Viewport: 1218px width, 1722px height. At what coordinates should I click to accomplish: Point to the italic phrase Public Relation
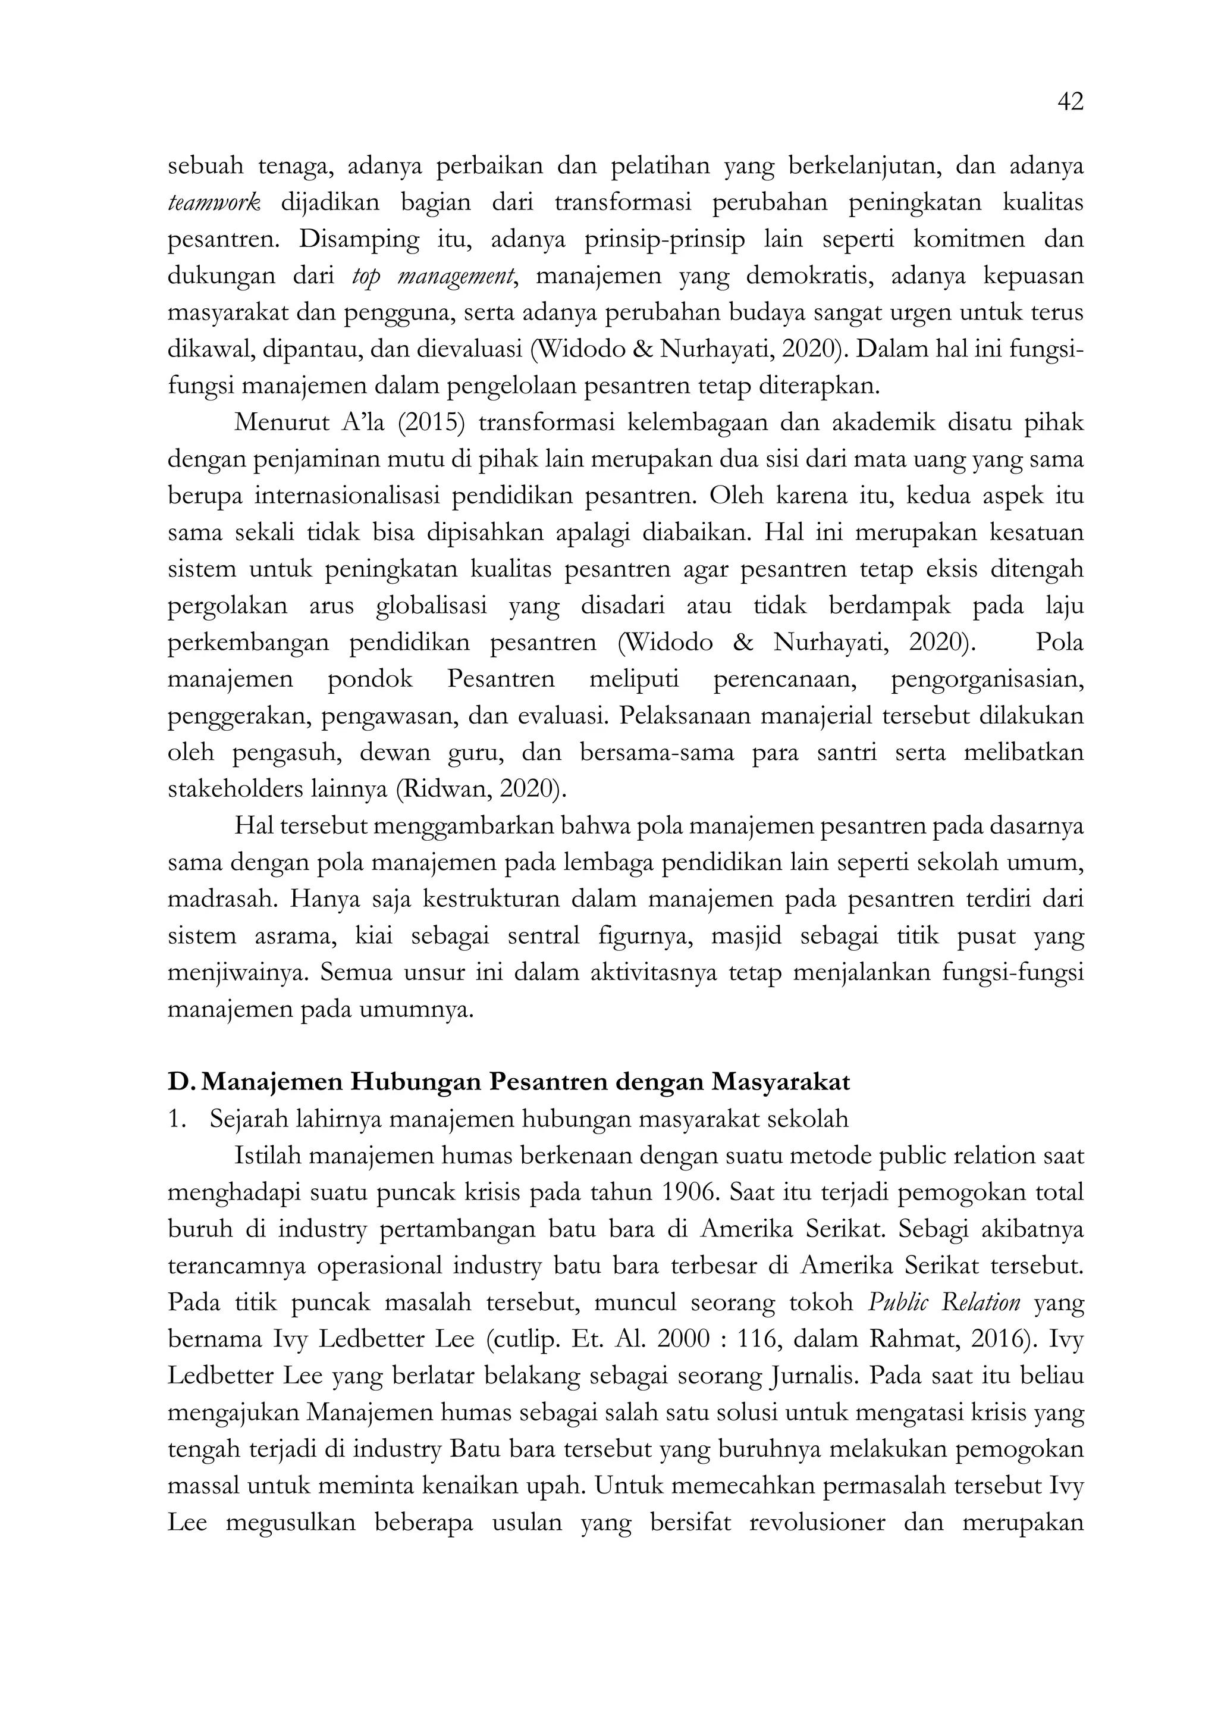[944, 1303]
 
